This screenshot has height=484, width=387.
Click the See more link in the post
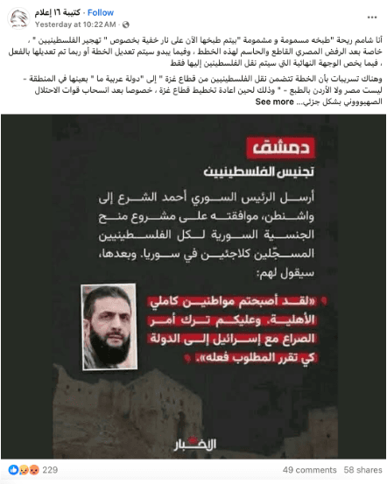(x=274, y=102)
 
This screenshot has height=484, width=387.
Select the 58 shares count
(x=362, y=470)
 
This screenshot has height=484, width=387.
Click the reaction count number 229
(x=50, y=470)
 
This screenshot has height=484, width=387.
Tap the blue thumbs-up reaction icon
(x=11, y=470)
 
